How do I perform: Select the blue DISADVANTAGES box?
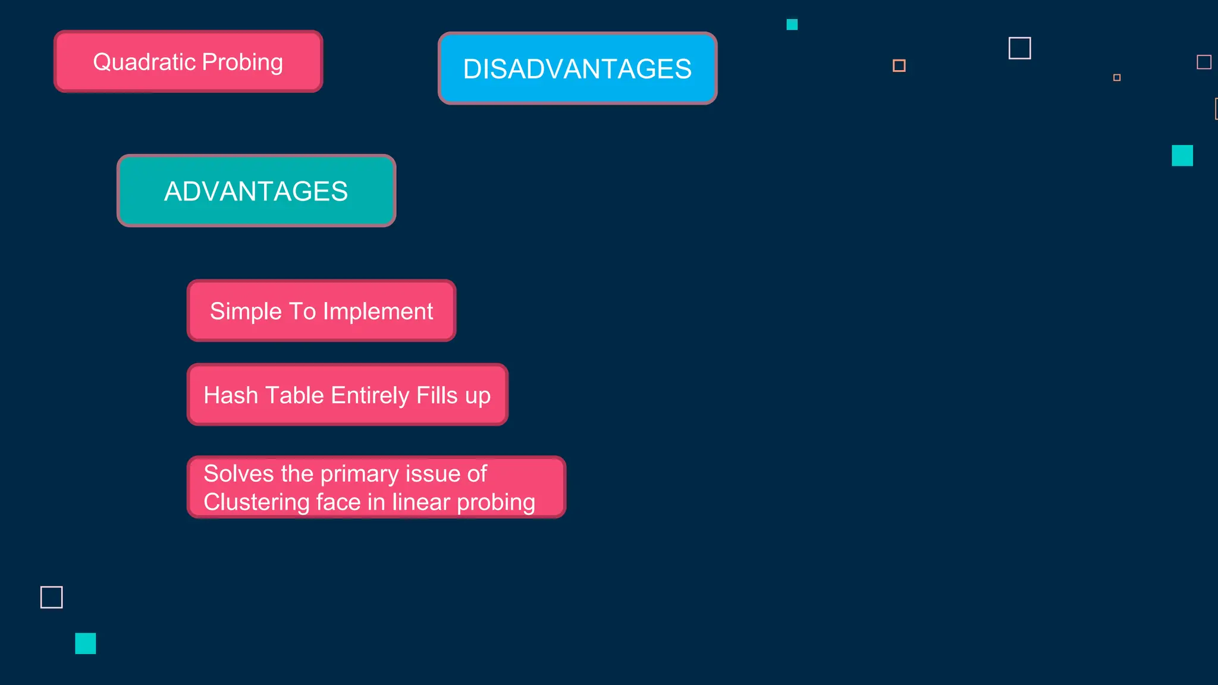click(577, 68)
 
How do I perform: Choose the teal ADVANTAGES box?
click(256, 191)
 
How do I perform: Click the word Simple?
click(246, 312)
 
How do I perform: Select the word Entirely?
click(370, 395)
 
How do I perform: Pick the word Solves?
click(238, 474)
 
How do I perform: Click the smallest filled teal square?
click(792, 24)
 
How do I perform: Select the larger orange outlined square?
click(899, 65)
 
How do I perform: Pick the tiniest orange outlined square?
click(1116, 77)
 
